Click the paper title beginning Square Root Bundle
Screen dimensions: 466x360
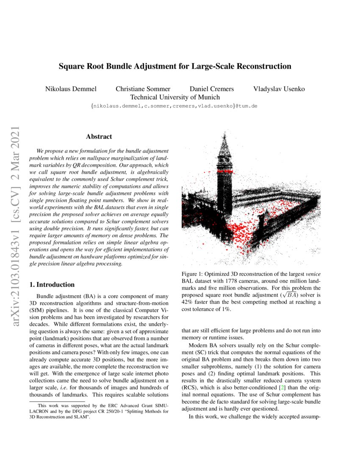click(x=175, y=67)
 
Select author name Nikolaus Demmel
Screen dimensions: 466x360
click(x=71, y=89)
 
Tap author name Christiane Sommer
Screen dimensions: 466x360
click(x=143, y=89)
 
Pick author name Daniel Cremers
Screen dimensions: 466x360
click(x=211, y=89)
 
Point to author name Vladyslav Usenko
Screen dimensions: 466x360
click(x=279, y=89)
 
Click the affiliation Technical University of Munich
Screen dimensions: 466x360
click(x=175, y=97)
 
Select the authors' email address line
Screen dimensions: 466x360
click(x=174, y=105)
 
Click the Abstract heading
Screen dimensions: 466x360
click(x=99, y=136)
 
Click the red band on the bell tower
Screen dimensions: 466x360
click(x=225, y=170)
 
